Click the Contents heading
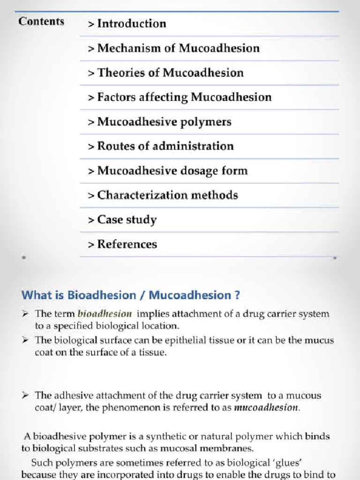click(x=41, y=22)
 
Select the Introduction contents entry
click(x=127, y=24)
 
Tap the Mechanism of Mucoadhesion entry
click(x=173, y=48)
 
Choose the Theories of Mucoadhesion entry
click(x=166, y=73)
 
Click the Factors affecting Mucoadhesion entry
click(x=180, y=97)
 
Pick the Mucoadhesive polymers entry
click(x=159, y=122)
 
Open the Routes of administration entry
click(x=161, y=146)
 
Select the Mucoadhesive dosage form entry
click(x=168, y=171)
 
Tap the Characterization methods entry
click(x=163, y=195)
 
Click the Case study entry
click(x=122, y=220)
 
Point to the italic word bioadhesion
click(x=105, y=314)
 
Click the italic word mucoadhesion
click(x=266, y=407)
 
